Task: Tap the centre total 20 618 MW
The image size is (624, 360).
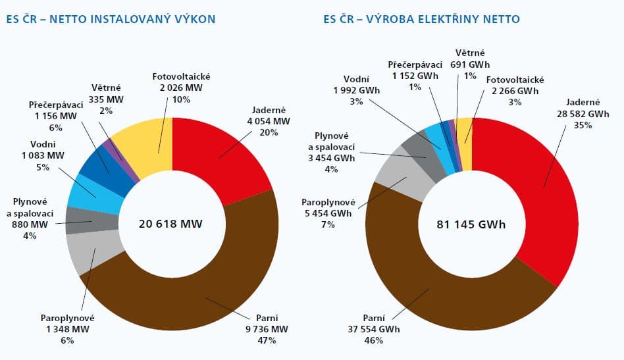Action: tap(171, 224)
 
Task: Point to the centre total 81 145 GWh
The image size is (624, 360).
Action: tap(471, 224)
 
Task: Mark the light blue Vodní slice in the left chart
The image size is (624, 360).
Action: tap(91, 194)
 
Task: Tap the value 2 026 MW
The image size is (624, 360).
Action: tap(172, 88)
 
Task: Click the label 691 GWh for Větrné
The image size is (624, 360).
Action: tap(471, 65)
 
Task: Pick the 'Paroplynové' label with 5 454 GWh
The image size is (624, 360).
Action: tap(328, 201)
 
